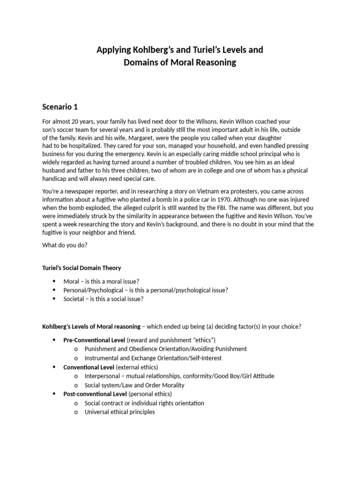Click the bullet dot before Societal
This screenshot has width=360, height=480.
point(55,299)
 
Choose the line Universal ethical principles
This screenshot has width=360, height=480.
point(120,412)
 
